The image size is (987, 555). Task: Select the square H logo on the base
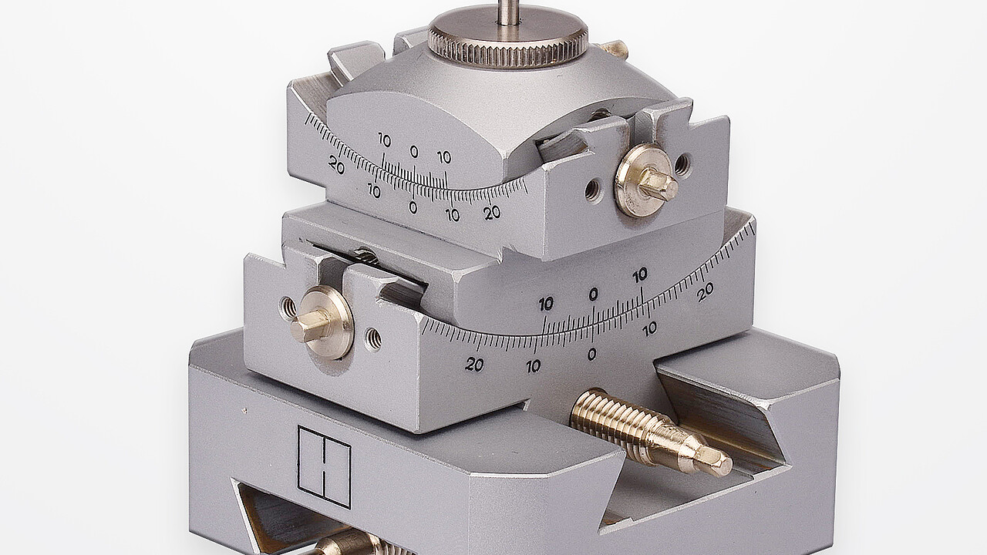tap(325, 466)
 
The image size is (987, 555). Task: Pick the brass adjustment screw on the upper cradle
tap(645, 180)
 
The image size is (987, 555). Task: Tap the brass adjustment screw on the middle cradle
tap(321, 321)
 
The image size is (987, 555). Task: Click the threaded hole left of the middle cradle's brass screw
tap(288, 305)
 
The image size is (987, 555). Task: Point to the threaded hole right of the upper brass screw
tap(682, 163)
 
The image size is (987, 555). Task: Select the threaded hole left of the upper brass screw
tap(591, 190)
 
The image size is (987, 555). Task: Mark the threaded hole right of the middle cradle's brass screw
tap(372, 338)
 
